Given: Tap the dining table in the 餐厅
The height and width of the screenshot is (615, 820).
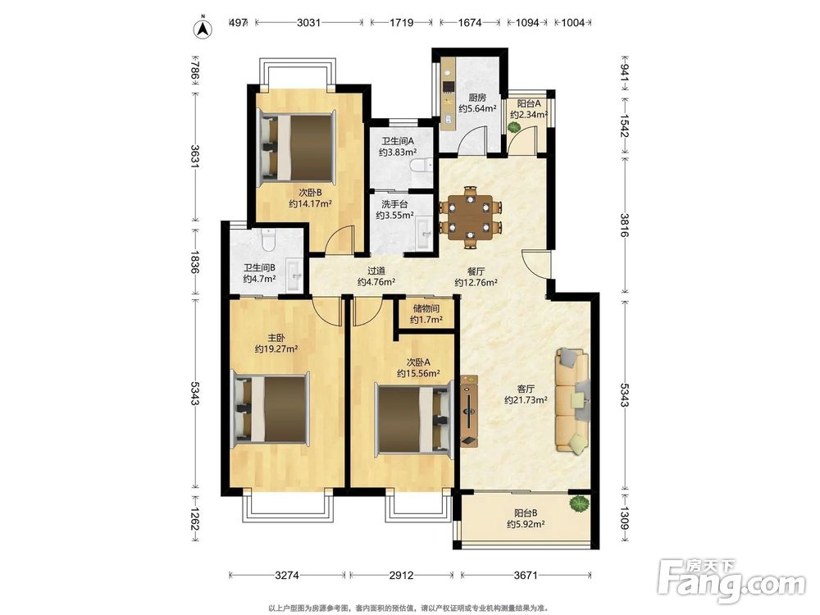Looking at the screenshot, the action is [471, 217].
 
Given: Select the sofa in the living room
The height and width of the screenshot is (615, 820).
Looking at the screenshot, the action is [572, 400].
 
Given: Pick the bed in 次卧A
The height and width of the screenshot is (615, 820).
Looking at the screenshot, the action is [413, 418].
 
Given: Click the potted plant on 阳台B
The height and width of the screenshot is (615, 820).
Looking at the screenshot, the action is [578, 504].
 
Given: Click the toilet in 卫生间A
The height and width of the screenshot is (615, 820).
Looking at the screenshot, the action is [421, 166].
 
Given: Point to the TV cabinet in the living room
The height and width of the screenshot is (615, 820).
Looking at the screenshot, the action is [469, 411].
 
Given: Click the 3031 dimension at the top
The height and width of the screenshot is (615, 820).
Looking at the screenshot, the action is [308, 22].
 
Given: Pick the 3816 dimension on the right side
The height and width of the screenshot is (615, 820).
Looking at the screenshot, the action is [624, 225].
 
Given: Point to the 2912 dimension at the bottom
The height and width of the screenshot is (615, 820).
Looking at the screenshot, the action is [401, 576].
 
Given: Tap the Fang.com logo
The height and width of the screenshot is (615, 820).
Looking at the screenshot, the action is [731, 581].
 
